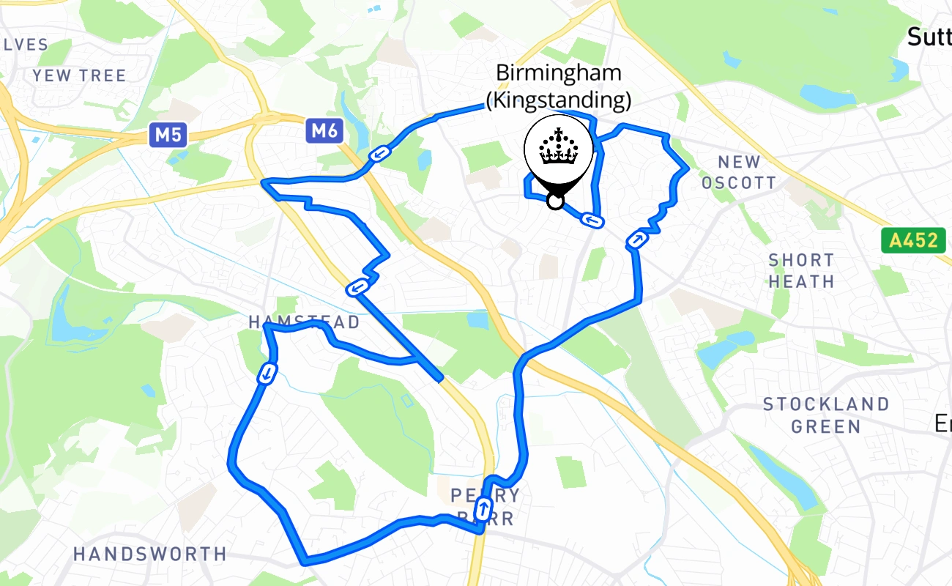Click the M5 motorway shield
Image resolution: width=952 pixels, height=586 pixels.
click(168, 135)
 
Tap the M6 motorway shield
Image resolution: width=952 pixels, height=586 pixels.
click(323, 131)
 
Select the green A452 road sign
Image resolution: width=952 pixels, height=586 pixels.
click(913, 240)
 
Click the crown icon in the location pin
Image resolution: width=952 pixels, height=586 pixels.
click(559, 146)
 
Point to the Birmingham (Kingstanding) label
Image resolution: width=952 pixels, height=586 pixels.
click(559, 85)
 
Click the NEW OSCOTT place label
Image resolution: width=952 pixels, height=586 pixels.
click(738, 172)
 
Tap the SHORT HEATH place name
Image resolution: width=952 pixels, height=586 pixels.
click(801, 270)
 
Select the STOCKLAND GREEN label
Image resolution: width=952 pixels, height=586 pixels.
click(826, 415)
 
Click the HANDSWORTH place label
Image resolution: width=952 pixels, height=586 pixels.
click(150, 554)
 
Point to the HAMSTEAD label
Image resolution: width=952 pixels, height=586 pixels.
click(304, 322)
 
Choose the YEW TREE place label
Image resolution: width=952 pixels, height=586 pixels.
click(79, 75)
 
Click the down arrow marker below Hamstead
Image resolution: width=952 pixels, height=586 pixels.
click(267, 374)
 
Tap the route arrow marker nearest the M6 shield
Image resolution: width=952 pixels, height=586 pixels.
click(379, 153)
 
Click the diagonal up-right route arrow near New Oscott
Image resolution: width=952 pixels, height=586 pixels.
click(637, 240)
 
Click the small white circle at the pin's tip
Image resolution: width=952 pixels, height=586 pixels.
click(556, 201)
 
